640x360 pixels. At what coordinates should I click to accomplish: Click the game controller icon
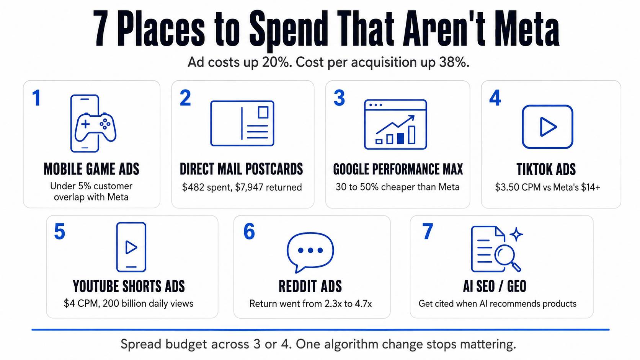coord(95,127)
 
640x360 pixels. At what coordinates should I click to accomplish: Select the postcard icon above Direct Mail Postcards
coord(242,123)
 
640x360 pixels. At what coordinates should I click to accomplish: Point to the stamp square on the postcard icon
coord(263,112)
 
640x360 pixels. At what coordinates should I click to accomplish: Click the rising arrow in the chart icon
coord(395,124)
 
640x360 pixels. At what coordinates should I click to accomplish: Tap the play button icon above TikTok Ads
coord(547,127)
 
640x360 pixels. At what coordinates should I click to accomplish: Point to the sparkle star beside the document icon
coord(516,235)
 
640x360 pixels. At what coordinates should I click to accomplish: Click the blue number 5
coord(59,231)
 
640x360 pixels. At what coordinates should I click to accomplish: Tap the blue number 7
coord(428,231)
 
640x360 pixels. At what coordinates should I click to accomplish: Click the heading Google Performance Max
coord(398,169)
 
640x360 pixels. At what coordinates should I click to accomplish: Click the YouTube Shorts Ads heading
coord(129,286)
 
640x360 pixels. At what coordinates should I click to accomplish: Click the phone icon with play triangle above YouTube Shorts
coord(131,247)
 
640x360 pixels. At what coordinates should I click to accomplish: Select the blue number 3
coord(339,98)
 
